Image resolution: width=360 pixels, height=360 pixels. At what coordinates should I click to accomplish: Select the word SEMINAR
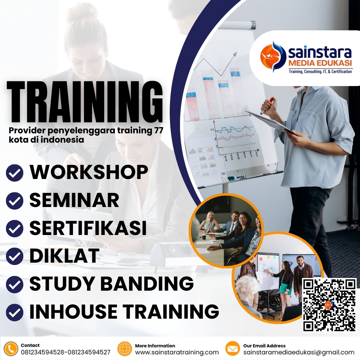[x=74, y=200]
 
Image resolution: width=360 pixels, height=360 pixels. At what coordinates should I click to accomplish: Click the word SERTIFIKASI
[x=88, y=228]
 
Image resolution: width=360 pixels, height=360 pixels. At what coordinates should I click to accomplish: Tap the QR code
[x=329, y=305]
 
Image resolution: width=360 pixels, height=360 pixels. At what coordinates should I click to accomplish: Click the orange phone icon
[x=11, y=349]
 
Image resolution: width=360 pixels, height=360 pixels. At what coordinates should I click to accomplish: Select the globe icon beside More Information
[x=125, y=349]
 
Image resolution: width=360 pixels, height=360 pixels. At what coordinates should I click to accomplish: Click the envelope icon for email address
[x=233, y=349]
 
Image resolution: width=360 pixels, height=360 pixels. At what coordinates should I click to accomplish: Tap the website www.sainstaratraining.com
[x=177, y=352]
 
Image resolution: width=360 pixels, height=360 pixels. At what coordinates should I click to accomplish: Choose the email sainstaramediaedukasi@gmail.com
[x=299, y=352]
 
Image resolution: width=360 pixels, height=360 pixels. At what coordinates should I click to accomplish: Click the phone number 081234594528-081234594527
[x=66, y=352]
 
